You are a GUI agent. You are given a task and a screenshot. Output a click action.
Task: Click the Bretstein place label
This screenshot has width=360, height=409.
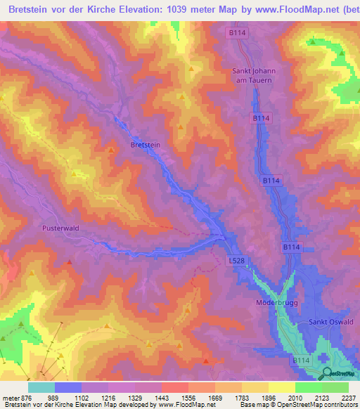point(146,144)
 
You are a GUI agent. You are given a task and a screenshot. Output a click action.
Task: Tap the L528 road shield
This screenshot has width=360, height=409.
point(237,260)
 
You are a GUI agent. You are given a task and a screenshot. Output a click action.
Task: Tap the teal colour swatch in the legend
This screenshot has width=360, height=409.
point(41,387)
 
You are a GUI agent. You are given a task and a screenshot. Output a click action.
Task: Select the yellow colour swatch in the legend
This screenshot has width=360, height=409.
point(282,387)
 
